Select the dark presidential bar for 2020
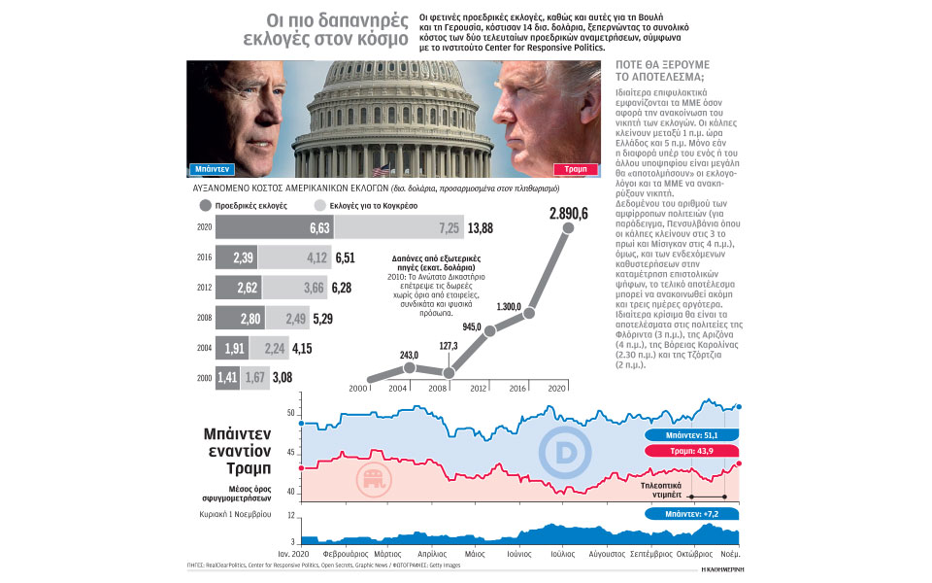[x=275, y=227]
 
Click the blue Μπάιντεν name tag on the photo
[x=213, y=167]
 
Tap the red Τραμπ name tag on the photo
[x=579, y=167]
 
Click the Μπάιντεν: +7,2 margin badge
[x=691, y=511]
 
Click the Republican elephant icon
[x=369, y=479]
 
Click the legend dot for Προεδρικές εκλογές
[x=205, y=206]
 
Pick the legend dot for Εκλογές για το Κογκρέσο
[x=321, y=206]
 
